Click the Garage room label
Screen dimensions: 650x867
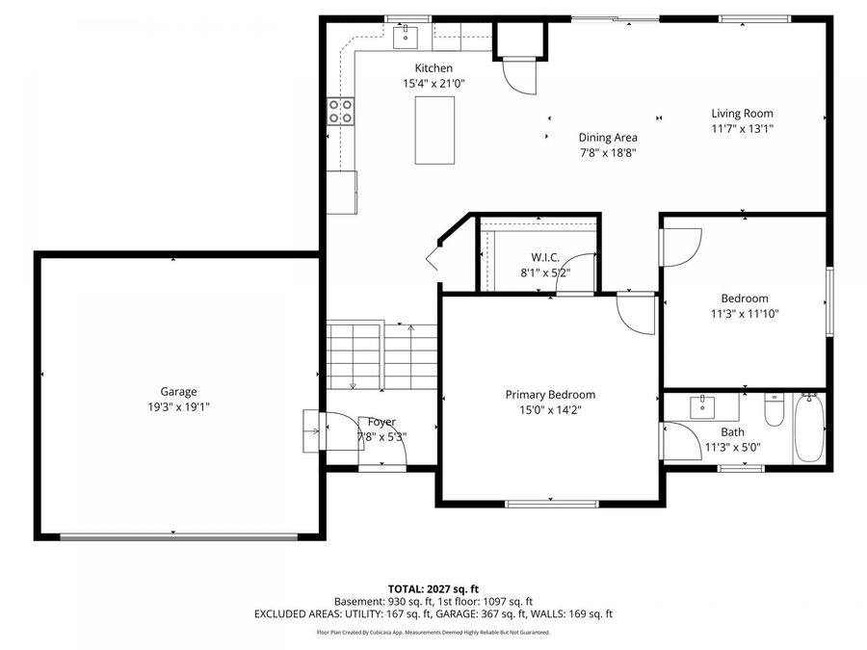click(178, 391)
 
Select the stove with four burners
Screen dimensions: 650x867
click(341, 111)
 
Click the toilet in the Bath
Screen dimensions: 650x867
click(774, 412)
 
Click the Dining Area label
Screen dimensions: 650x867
click(608, 137)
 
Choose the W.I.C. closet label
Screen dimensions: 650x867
click(545, 257)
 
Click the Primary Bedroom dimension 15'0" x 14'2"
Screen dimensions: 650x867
click(550, 409)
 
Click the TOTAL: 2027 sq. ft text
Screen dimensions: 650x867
click(433, 587)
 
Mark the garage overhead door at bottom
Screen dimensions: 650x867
click(178, 536)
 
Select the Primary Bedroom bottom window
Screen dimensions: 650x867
click(550, 503)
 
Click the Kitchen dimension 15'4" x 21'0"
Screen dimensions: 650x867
click(433, 84)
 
